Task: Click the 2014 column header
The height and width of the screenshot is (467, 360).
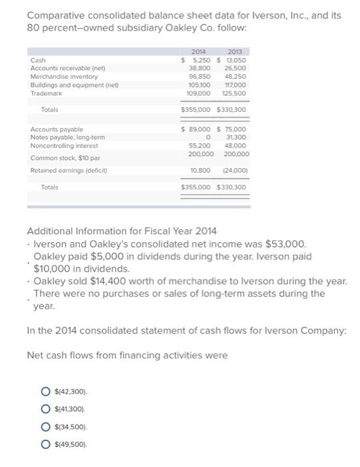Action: tap(197, 51)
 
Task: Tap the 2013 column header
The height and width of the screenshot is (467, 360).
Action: tap(235, 51)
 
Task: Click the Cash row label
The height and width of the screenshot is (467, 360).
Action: tap(38, 59)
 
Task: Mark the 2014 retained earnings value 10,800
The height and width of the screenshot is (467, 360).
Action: tap(200, 170)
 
